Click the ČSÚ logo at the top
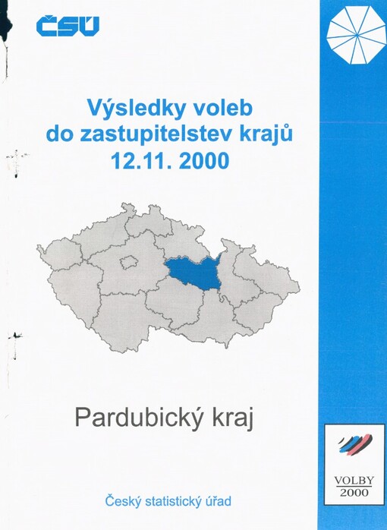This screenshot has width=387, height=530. point(68,27)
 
